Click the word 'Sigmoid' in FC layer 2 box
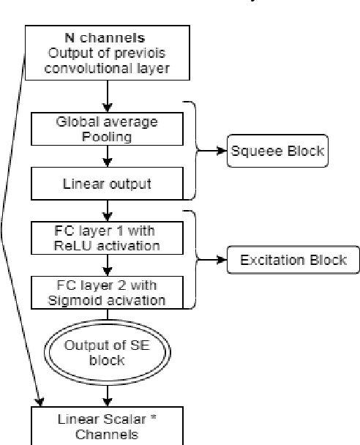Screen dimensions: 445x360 tap(86, 299)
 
